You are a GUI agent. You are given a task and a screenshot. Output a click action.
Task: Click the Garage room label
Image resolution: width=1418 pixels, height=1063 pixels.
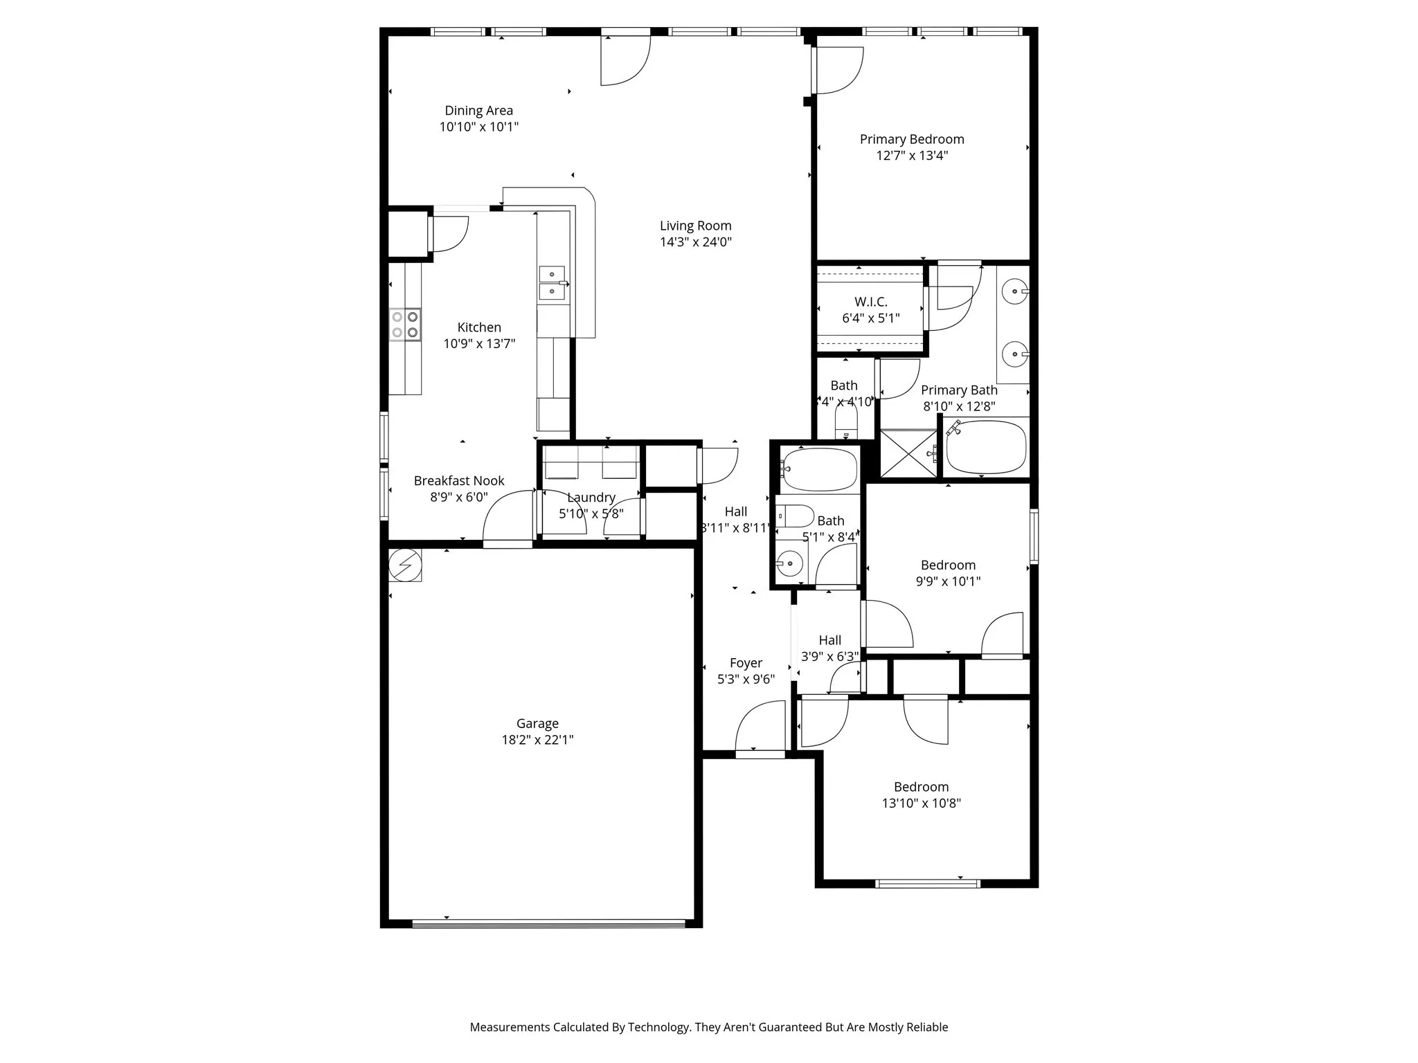[537, 723]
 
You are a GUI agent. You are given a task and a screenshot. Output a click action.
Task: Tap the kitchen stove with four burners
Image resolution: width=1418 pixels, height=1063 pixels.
[405, 324]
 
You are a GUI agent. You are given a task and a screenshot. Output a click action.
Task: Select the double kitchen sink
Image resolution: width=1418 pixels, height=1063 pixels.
[553, 283]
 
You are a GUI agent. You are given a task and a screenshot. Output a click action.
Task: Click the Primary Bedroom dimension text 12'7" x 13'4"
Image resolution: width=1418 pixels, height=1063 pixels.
[912, 156]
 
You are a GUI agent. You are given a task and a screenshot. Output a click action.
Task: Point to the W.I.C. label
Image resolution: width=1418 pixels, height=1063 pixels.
[870, 302]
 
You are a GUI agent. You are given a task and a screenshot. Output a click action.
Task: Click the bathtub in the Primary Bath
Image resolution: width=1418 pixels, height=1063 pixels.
[985, 447]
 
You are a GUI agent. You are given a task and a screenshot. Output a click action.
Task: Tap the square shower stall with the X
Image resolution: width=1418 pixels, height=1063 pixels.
[908, 453]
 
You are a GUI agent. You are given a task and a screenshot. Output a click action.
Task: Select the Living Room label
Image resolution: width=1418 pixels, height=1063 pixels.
[695, 226]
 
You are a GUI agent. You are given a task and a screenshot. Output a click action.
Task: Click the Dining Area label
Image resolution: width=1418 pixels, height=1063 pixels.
[478, 111]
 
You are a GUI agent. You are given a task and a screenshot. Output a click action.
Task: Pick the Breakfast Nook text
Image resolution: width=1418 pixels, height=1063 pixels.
[459, 480]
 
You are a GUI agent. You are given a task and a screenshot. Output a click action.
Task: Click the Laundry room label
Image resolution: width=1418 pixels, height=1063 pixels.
[591, 498]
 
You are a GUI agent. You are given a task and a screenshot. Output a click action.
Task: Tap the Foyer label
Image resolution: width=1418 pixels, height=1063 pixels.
[746, 663]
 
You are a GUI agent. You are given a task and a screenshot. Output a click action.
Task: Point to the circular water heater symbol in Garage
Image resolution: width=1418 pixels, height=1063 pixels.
[405, 565]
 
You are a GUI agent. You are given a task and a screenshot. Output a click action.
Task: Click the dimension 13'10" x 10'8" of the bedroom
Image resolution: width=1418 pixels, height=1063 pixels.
[921, 803]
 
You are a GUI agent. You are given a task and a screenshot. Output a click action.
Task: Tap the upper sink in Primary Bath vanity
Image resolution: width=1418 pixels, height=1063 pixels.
[1014, 291]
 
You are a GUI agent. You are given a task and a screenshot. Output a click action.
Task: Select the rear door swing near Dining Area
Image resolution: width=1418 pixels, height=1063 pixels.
[625, 61]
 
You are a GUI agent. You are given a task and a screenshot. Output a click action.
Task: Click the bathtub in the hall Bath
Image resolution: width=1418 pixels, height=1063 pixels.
[820, 469]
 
